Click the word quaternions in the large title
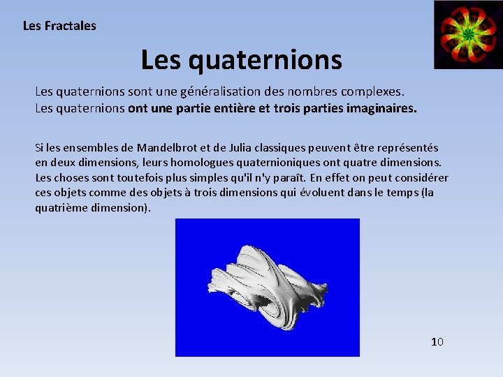265,60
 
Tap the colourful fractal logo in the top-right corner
467,34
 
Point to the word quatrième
61,208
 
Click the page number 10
437,341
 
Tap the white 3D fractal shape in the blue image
265,283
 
